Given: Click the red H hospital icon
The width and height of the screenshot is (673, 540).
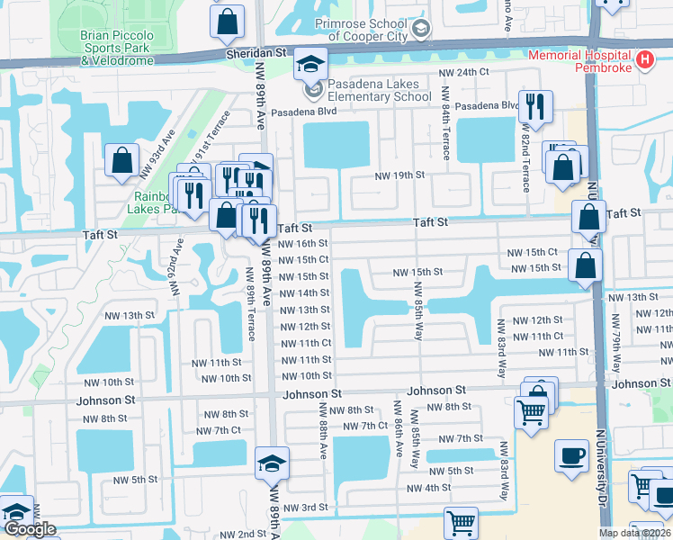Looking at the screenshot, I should (x=643, y=60).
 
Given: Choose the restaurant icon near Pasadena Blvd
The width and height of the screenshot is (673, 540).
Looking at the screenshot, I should (x=535, y=107).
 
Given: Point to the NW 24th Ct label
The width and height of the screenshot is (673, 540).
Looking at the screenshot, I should (x=463, y=72).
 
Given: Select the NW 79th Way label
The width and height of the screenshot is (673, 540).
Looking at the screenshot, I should (x=618, y=334).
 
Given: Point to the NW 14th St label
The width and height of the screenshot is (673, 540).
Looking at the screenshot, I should (x=305, y=292).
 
